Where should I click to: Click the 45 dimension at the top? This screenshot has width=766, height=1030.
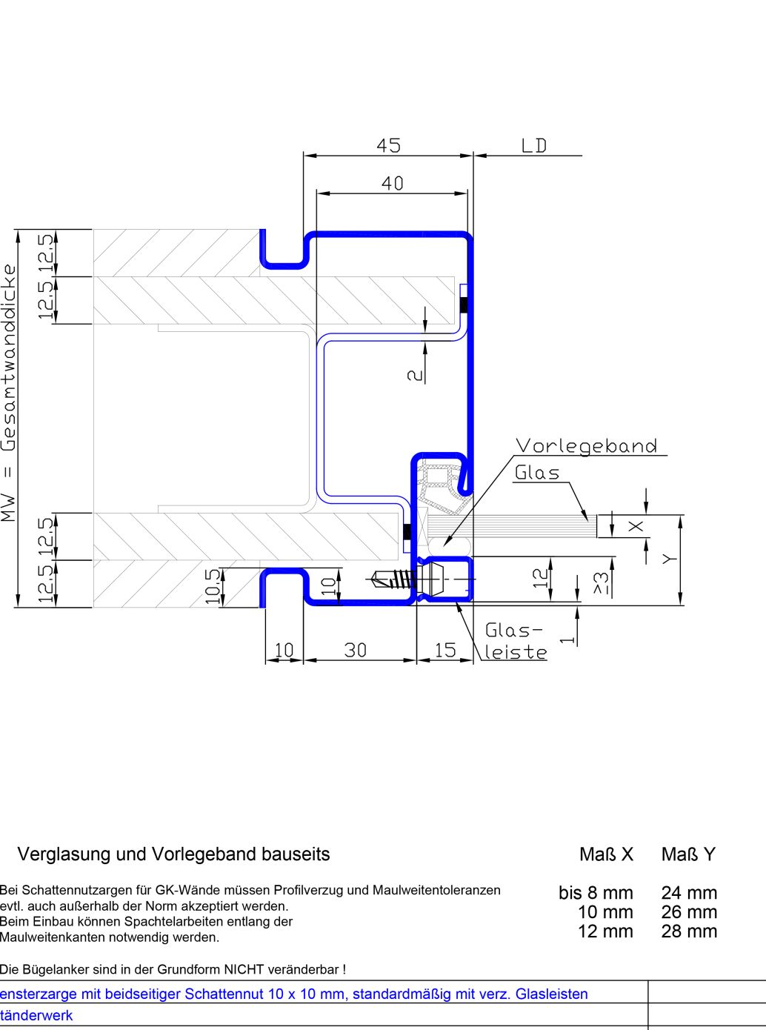coord(388,145)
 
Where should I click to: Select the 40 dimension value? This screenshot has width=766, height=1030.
coord(392,183)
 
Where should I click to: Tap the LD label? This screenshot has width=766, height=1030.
coord(533,145)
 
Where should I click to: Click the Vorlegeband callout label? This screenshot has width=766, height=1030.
coord(586,446)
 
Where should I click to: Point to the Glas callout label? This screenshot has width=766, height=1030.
coord(537,473)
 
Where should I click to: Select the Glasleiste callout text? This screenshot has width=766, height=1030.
coord(516,642)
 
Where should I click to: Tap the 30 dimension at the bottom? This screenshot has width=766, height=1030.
coord(356,650)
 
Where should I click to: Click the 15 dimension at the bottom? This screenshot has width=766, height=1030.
coord(444,650)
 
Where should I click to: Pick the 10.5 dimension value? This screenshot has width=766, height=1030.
coord(213,586)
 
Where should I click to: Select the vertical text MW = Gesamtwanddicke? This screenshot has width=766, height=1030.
coord(9,393)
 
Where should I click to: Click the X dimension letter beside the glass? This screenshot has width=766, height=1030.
coord(636,526)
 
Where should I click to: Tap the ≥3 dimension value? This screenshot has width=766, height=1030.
coord(602,584)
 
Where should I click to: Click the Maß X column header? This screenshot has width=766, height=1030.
coord(606,854)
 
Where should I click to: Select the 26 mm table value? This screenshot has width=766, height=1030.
coord(688,912)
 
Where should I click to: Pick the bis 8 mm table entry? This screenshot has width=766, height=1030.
coord(596,893)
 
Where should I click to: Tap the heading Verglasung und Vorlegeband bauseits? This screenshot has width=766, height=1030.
coord(173,854)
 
